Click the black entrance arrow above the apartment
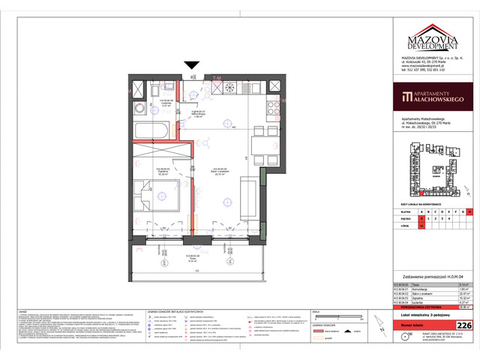(194, 67)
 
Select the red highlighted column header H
(470, 212)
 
